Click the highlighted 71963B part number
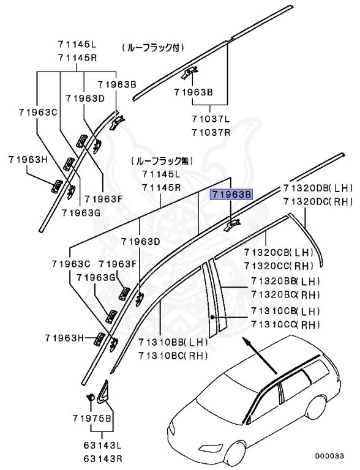click(x=231, y=195)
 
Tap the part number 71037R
click(x=210, y=132)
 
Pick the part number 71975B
click(x=90, y=418)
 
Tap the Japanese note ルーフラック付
click(x=153, y=47)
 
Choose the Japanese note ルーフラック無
click(x=160, y=161)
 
